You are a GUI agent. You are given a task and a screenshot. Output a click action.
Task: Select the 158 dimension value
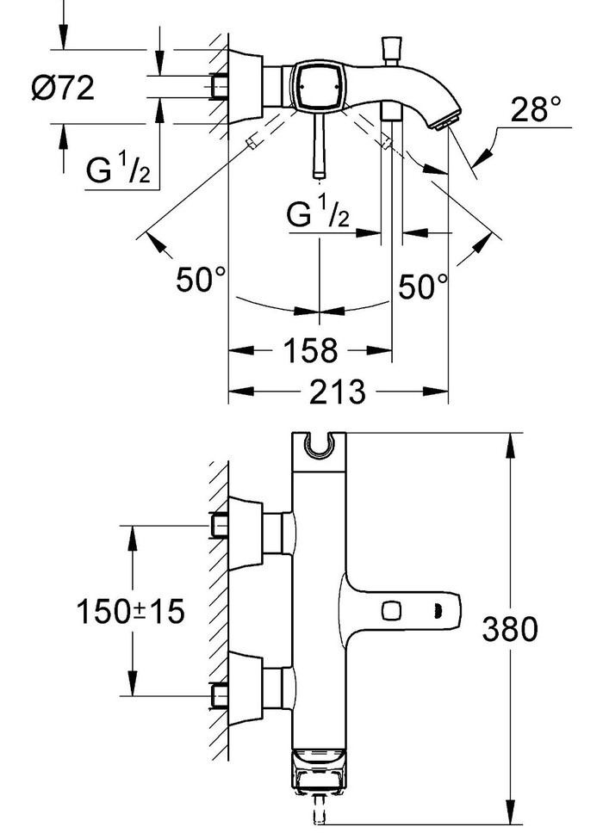(309, 350)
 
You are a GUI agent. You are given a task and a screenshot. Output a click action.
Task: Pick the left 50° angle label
(201, 280)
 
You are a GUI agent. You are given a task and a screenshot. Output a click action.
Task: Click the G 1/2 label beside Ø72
(119, 172)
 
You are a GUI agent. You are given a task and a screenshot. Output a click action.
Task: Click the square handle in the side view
(317, 86)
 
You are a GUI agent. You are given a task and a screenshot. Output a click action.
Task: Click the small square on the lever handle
(393, 611)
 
